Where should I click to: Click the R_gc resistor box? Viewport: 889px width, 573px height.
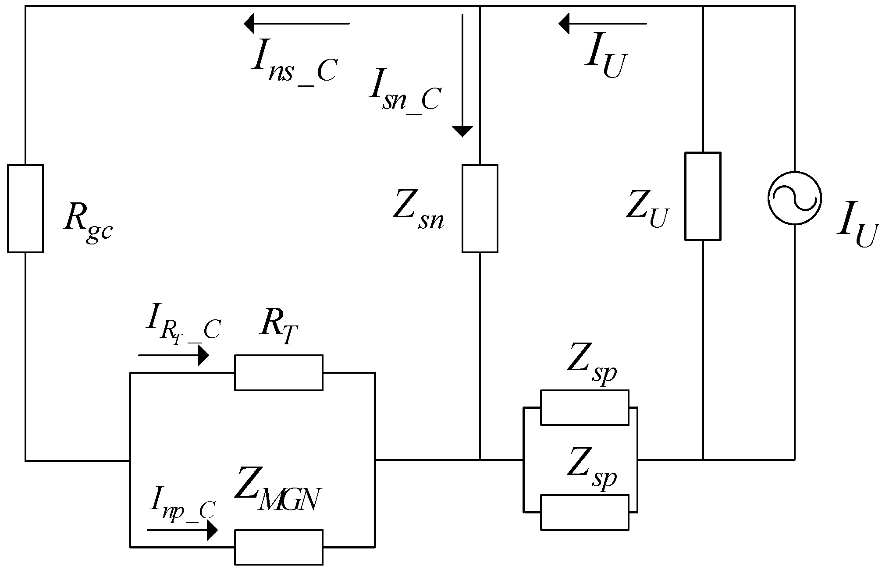25,209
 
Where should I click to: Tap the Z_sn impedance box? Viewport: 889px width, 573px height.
480,209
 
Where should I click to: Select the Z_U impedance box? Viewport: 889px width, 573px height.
703,196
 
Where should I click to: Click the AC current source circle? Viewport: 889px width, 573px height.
794,198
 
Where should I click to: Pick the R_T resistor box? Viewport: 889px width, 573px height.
279,372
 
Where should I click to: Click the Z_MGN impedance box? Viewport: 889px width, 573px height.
279,547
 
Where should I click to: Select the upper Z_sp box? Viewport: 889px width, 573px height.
584,407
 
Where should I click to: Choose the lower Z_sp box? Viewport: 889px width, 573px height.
584,512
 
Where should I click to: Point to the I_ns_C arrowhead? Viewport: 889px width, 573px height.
250,23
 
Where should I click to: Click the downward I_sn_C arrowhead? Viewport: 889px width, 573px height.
462,131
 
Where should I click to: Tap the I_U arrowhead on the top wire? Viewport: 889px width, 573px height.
564,23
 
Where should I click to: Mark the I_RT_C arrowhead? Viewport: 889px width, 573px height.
203,355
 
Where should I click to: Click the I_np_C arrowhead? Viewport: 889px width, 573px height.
212,530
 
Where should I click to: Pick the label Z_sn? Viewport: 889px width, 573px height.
417,209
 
